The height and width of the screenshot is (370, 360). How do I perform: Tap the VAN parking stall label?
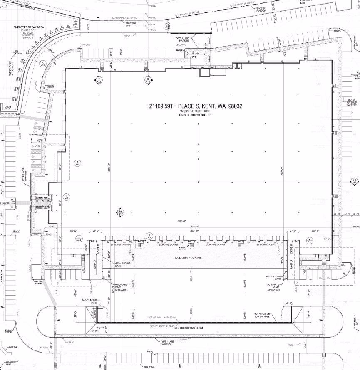click(x=35, y=146)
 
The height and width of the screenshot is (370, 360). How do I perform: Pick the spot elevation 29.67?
click(x=71, y=343)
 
